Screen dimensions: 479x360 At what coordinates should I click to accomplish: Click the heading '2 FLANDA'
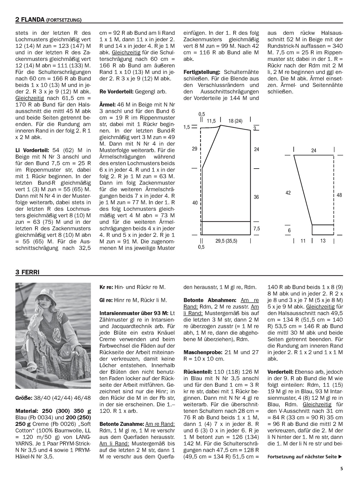click(30, 20)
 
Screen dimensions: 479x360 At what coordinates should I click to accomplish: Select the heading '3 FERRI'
click(27, 272)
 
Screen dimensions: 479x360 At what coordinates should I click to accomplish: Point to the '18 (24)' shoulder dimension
click(235, 121)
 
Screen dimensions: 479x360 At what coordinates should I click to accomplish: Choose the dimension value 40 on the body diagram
click(195, 203)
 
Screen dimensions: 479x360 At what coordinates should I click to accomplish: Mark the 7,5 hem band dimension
click(256, 229)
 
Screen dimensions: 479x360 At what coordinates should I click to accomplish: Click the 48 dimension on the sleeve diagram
click(339, 195)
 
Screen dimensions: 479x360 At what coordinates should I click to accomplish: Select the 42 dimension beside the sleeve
click(288, 193)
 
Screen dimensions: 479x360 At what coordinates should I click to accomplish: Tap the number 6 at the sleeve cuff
click(289, 230)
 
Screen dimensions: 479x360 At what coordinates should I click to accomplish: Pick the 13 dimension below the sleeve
click(323, 241)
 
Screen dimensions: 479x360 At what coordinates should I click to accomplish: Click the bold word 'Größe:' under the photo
click(24, 398)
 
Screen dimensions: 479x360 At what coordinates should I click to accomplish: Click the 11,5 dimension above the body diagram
click(211, 121)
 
